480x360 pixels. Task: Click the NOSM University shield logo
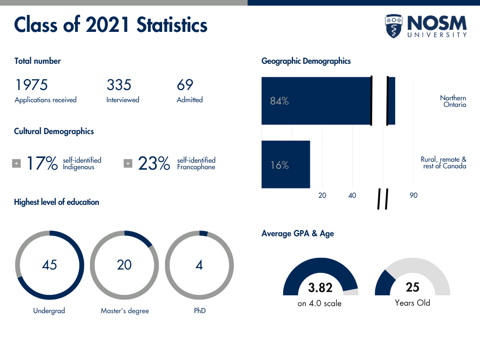[x=394, y=26]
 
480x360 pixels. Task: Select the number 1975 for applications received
[x=31, y=85]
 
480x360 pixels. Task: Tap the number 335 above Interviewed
[x=119, y=85]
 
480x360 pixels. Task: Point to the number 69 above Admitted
[x=185, y=85]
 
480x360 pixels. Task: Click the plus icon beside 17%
[x=16, y=164]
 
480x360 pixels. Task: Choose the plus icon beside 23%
[x=128, y=164]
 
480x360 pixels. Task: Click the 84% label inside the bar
[x=279, y=101]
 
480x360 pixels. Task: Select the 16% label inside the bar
[x=279, y=165]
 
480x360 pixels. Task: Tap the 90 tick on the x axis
[x=413, y=195]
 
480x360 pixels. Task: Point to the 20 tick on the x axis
[x=322, y=195]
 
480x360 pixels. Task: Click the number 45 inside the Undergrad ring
[x=49, y=265]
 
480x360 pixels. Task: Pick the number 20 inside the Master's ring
[x=124, y=265]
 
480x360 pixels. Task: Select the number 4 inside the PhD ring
[x=199, y=265]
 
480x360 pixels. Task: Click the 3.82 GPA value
[x=320, y=287]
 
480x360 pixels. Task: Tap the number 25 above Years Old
[x=412, y=287]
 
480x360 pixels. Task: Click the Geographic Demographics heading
[x=306, y=61]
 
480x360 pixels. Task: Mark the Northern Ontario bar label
[x=453, y=101]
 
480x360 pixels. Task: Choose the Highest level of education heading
[x=57, y=202]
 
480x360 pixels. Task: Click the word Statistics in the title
[x=172, y=25]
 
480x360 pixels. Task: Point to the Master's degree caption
[x=125, y=311]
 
